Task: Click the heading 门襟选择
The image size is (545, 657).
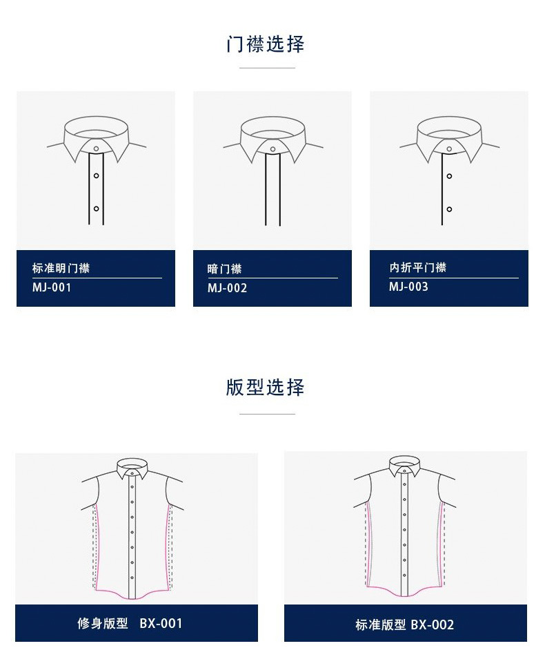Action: click(265, 44)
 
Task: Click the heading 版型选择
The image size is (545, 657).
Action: click(265, 387)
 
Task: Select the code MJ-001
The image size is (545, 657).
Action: click(52, 287)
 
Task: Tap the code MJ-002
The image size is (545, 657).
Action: click(227, 288)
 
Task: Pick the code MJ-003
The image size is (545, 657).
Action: click(408, 287)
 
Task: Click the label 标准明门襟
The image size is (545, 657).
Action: click(61, 268)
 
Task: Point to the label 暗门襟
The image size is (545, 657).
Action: click(225, 269)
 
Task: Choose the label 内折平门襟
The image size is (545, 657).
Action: click(418, 267)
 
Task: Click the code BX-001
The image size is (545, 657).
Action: click(161, 623)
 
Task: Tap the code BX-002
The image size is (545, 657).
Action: click(432, 625)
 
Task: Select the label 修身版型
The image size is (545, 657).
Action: click(103, 623)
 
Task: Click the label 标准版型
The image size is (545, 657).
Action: click(381, 625)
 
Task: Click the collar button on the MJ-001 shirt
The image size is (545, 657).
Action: click(96, 149)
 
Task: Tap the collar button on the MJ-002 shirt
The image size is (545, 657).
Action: click(272, 149)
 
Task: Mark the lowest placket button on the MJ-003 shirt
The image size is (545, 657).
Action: click(449, 209)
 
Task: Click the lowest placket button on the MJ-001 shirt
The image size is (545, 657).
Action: click(96, 209)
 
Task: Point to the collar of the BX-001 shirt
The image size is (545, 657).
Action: click(132, 468)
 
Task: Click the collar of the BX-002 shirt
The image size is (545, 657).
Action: click(404, 466)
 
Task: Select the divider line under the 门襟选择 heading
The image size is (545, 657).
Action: click(267, 68)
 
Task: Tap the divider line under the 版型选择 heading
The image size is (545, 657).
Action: click(267, 414)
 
